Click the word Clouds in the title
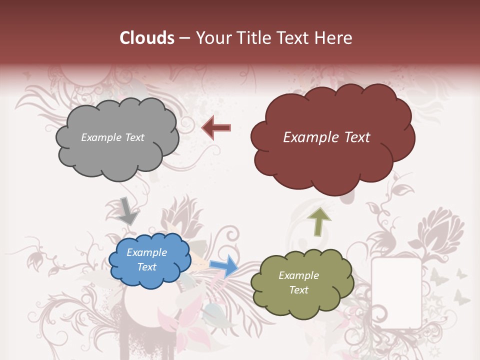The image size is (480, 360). [146, 38]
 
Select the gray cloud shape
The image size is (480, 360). [116, 150]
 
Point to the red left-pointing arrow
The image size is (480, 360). [216, 127]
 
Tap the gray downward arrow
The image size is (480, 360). [128, 210]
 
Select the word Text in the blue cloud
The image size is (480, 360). [147, 267]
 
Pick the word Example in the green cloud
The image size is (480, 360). [298, 275]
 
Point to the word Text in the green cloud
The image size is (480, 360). [298, 290]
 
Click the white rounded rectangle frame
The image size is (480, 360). [396, 292]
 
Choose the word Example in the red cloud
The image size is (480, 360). [309, 137]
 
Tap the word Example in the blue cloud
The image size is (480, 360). [147, 252]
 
